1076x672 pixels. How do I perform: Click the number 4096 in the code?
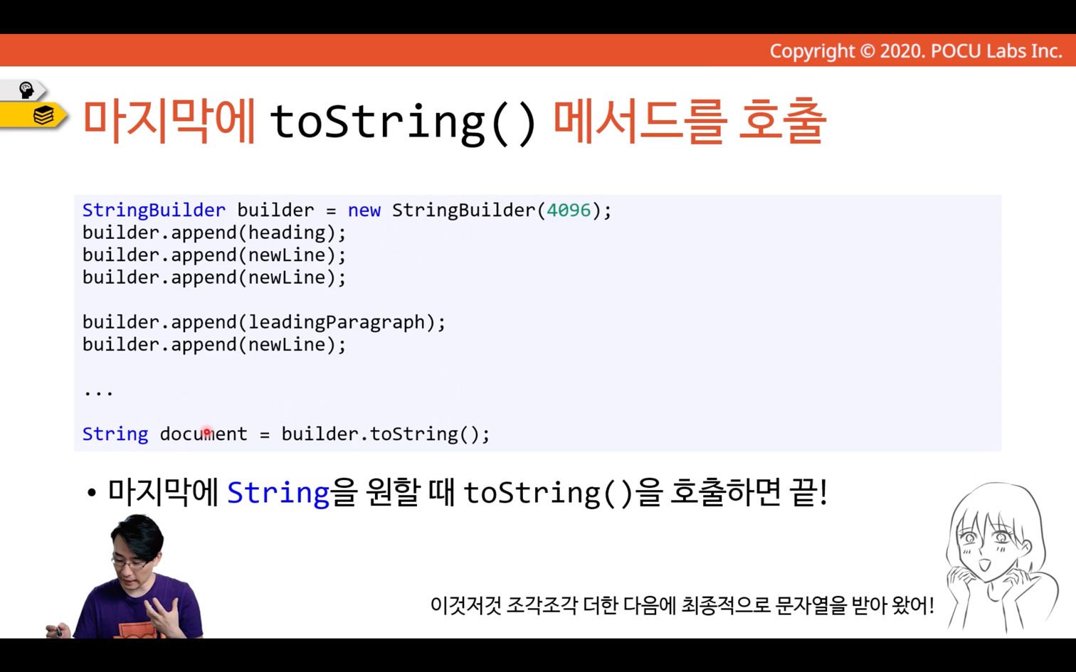(569, 210)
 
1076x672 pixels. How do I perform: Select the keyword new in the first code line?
(364, 210)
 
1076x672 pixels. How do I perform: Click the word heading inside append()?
(287, 233)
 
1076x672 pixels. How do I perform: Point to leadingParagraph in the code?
(337, 323)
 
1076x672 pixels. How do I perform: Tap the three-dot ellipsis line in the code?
(98, 393)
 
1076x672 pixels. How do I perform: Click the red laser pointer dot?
(207, 432)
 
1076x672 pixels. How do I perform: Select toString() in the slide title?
(403, 122)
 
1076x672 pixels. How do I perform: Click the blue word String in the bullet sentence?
(278, 493)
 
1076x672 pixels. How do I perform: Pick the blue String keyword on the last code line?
(115, 434)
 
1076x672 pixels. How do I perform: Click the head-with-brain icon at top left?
(26, 90)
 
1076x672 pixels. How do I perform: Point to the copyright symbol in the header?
(867, 51)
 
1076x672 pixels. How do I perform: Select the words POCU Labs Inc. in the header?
(996, 51)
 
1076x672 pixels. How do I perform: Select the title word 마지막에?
(169, 121)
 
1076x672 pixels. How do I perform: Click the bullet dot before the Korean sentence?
(92, 494)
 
